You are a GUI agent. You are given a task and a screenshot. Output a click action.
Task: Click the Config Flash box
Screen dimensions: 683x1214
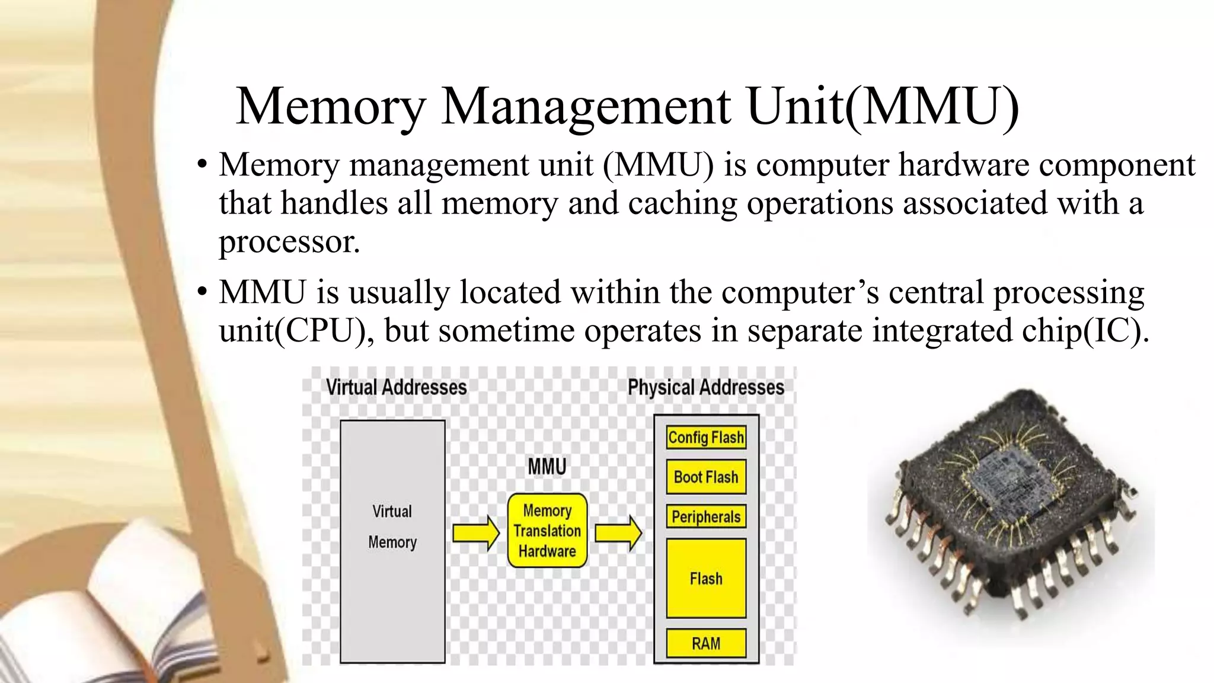click(x=705, y=438)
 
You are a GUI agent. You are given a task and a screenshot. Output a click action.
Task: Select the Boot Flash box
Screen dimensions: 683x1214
click(x=705, y=477)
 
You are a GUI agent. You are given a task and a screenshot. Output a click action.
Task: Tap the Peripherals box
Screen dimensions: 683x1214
click(x=705, y=516)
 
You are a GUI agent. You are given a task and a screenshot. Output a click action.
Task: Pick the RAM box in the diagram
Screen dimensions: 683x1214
click(x=705, y=643)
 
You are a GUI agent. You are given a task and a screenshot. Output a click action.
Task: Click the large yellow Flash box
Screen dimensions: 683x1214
click(x=705, y=578)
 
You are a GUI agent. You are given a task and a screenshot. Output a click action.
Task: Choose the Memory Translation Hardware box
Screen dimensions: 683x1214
click(x=547, y=531)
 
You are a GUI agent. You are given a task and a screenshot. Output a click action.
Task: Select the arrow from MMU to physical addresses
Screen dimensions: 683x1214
click(x=618, y=533)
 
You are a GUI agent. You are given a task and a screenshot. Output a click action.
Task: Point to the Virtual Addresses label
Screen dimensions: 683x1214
click(x=396, y=388)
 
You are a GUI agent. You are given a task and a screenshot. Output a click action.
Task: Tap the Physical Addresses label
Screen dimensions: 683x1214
click(x=705, y=388)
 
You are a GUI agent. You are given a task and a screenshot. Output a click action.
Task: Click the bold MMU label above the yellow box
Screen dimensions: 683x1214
click(x=547, y=467)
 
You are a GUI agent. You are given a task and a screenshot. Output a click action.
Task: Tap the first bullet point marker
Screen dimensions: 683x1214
click(x=202, y=164)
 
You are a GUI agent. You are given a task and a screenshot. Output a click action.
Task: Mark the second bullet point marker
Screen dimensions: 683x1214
click(x=202, y=292)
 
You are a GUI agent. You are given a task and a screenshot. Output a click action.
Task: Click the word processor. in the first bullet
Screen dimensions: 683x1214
click(x=289, y=241)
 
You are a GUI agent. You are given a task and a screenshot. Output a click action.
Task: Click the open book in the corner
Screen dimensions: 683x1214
click(x=119, y=605)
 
